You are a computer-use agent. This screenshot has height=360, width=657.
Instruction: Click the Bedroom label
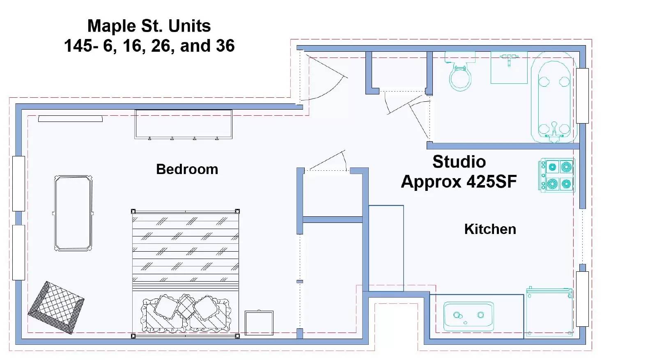pos(187,169)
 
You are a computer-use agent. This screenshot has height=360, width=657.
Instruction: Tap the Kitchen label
pos(490,229)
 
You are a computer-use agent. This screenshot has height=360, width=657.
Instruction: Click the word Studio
pos(459,162)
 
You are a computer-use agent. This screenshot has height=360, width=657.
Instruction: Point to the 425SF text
pos(492,181)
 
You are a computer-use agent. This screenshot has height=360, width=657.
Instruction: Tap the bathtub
pos(554,97)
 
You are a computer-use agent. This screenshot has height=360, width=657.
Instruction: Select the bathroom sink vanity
pos(509,68)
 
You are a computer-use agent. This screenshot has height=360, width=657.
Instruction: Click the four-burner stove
pos(556,175)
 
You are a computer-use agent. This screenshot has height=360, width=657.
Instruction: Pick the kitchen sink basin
pos(469,316)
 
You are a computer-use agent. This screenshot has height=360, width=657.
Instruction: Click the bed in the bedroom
pos(185,274)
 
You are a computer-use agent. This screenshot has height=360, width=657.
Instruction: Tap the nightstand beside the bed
pos(259,323)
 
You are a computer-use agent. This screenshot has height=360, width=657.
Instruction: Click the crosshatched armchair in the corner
pos(56,307)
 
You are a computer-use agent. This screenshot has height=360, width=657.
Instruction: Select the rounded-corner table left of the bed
pos(74,213)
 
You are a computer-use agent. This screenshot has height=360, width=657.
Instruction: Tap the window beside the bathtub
pos(582,96)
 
